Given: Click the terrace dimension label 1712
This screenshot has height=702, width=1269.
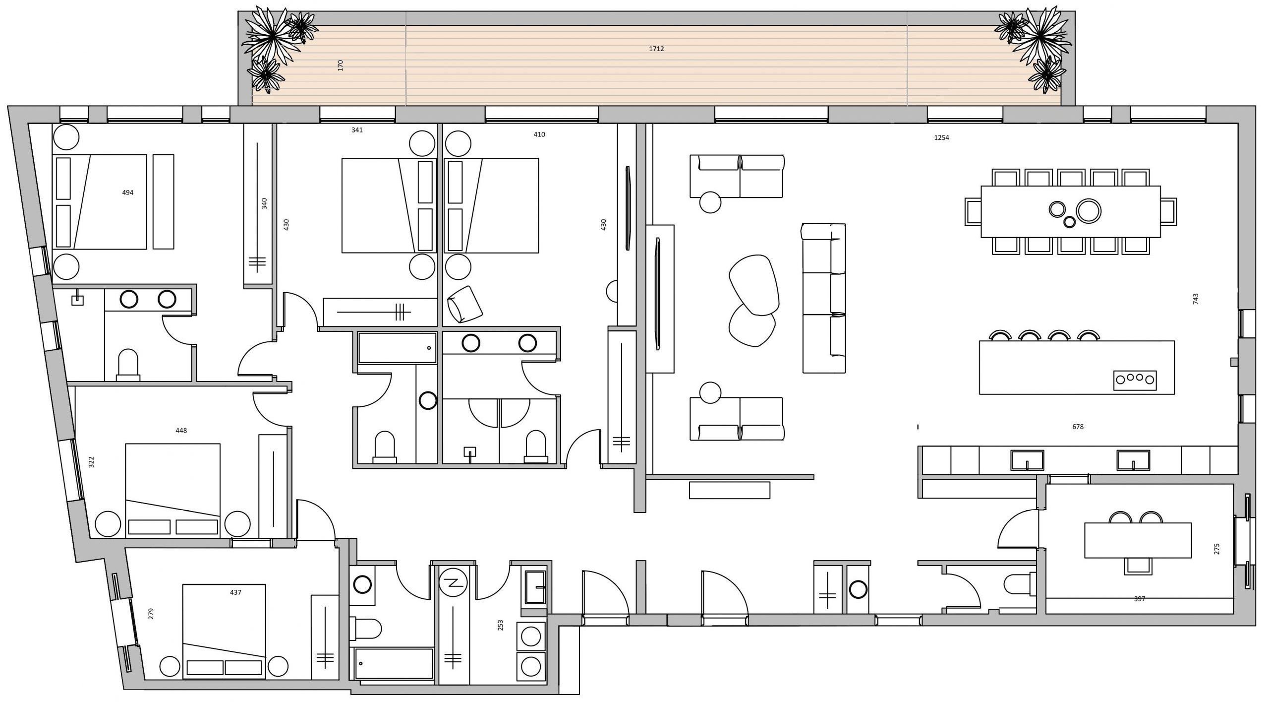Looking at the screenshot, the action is click(x=656, y=49).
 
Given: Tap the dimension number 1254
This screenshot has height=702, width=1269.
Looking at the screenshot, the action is click(x=941, y=138).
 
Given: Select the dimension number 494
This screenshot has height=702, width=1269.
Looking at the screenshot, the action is click(x=128, y=192).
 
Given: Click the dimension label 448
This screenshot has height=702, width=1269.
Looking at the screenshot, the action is click(x=181, y=431).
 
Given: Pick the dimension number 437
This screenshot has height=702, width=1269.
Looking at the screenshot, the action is click(x=236, y=592).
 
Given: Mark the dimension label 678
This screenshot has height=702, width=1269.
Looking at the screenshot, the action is click(x=1078, y=427).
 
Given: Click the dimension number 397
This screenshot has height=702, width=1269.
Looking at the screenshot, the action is click(x=1140, y=599).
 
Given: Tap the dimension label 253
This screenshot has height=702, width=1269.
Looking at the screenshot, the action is click(x=500, y=626).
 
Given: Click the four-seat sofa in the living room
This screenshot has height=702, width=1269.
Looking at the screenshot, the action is click(x=824, y=298).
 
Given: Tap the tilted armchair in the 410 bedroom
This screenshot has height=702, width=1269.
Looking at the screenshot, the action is click(x=464, y=304).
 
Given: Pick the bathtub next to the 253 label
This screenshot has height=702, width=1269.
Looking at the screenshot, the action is click(x=391, y=664).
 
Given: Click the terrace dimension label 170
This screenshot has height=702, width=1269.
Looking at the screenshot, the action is click(x=341, y=65).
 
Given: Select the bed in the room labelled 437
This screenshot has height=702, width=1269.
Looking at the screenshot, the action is click(x=224, y=632).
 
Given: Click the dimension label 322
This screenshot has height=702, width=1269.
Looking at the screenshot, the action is click(x=91, y=462).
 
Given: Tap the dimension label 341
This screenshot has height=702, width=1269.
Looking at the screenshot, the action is click(x=357, y=130).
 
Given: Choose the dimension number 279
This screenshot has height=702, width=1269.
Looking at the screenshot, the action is click(x=151, y=614).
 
